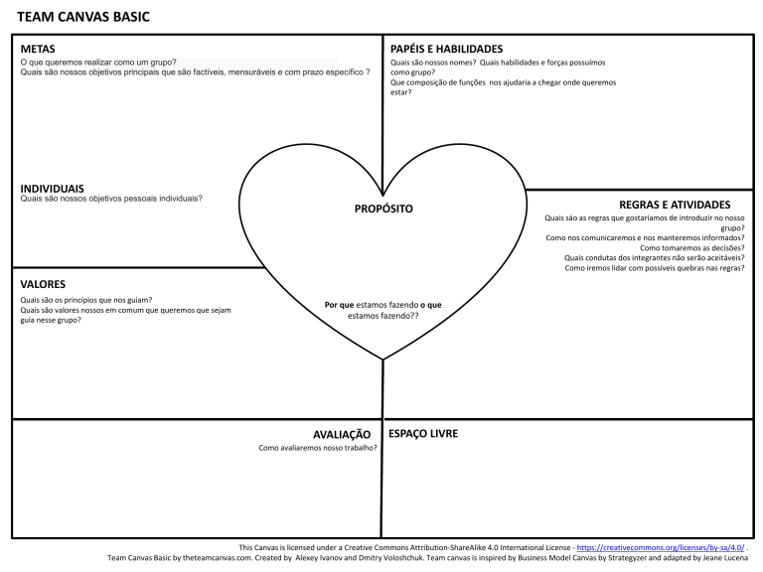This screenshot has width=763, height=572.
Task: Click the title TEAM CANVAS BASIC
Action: point(84,17)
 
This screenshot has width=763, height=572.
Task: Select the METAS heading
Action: point(38,49)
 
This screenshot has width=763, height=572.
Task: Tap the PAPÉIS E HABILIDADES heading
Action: point(446,49)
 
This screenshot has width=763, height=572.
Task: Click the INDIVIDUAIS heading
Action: point(52,188)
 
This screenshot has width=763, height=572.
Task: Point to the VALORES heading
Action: point(43,284)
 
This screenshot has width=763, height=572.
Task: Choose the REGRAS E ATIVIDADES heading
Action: point(675,205)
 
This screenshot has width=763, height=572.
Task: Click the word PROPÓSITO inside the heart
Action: point(383,209)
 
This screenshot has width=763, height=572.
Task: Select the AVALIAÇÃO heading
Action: point(341,434)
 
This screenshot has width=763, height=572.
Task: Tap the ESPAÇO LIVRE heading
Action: point(423,434)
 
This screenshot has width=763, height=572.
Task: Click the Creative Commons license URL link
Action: point(660,547)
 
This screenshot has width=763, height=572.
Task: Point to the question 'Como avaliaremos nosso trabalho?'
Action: point(318,448)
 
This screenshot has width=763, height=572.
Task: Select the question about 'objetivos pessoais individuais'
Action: point(111,199)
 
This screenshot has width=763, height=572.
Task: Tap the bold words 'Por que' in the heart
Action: point(339,305)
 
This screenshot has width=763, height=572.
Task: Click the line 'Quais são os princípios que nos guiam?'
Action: point(85,300)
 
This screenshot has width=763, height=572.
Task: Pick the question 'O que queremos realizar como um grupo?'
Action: point(98,62)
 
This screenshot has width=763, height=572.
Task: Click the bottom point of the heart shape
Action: point(383,358)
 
